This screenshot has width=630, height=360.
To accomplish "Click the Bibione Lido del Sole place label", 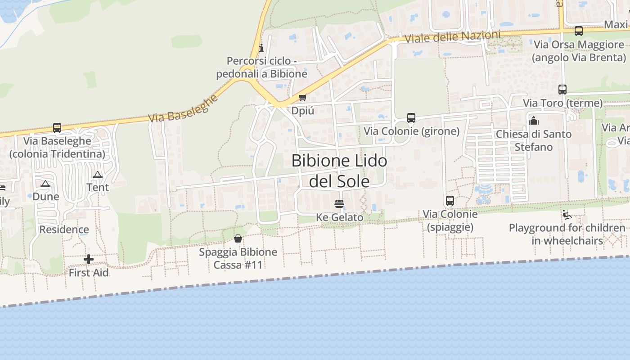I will pos(339,171).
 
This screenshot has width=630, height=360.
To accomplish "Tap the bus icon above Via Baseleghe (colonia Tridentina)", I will pos(57,128).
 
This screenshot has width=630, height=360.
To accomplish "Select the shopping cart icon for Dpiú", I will pos(303,98).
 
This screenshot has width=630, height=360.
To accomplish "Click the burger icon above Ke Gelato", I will pos(339,204).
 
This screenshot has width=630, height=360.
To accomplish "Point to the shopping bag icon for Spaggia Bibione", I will pos(238,238).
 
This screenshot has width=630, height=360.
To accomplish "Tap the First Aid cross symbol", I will pos(89,259).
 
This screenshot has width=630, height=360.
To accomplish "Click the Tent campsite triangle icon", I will pos(98,175).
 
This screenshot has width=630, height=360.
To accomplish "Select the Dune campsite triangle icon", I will pos(45,184).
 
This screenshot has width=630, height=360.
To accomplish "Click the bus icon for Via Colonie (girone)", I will pos(411,118).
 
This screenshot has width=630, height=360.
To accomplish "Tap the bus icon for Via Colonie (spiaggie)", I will pos(450,201).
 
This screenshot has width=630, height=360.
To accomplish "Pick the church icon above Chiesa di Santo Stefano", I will pos(534,121).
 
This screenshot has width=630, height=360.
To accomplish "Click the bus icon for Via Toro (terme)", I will pos(562,90).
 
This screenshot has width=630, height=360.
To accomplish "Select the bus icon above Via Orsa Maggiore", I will pos(579,31).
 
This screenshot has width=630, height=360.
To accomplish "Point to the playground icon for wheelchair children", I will pos(567,215).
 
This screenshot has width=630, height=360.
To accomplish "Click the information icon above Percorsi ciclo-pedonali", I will pos(261,48).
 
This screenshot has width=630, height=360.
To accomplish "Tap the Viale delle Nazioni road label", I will pos(452,37).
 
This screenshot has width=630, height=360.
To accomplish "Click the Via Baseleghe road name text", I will pos(183,109).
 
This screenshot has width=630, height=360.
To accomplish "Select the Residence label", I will pos(64,229).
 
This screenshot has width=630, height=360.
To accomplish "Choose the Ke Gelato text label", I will pos(339,217).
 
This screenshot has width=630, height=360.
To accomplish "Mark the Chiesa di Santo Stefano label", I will pos(534,140).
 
